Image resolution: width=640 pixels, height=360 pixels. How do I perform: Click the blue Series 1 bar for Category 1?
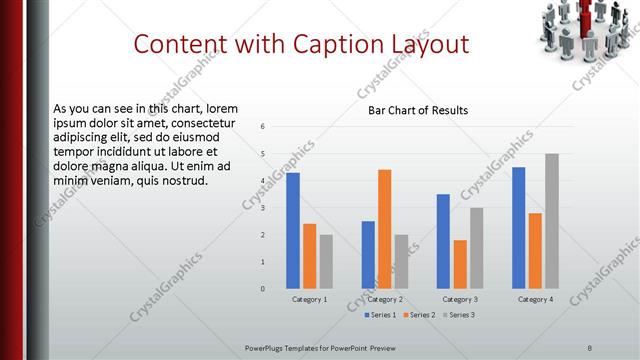click(x=293, y=231)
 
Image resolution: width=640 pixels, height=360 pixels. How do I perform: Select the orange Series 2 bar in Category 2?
click(x=384, y=229)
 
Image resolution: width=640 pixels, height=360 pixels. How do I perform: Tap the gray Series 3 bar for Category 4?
click(x=551, y=221)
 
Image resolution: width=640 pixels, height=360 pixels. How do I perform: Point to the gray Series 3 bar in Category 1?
click(x=326, y=262)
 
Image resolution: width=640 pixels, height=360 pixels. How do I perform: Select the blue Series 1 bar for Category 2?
click(x=368, y=255)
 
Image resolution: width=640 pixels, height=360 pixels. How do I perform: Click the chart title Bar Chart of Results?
click(x=412, y=110)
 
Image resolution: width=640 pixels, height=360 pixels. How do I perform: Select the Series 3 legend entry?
click(x=459, y=315)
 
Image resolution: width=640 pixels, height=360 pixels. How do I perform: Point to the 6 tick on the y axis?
click(x=261, y=127)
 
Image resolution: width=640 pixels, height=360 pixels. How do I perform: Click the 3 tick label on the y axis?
click(x=261, y=208)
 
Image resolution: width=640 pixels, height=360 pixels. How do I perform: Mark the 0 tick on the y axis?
click(x=261, y=289)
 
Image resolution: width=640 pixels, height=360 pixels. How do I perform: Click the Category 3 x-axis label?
click(x=460, y=299)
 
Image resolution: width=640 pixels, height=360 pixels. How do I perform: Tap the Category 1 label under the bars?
click(x=309, y=299)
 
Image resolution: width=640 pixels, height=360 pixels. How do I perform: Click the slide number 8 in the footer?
click(x=589, y=347)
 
